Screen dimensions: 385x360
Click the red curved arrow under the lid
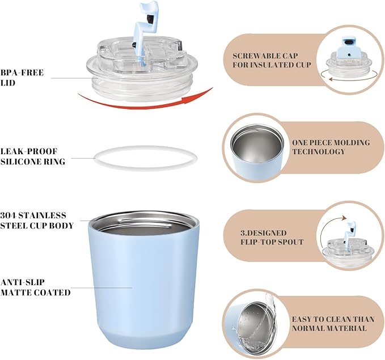tap(145, 105)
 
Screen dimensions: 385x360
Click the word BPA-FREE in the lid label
tap(22, 73)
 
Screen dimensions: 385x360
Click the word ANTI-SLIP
tap(22, 282)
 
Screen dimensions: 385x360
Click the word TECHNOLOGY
tap(319, 151)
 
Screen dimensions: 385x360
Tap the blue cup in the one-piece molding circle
tap(257, 149)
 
